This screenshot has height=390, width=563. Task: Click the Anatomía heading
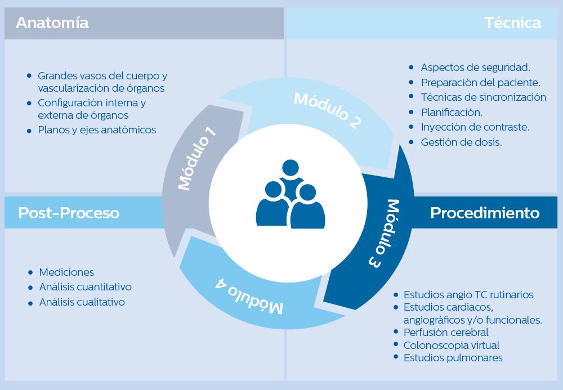point(52,23)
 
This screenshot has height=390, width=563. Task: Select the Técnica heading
point(512,23)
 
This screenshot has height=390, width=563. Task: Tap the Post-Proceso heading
point(69,213)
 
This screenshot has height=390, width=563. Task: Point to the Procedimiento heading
point(485,213)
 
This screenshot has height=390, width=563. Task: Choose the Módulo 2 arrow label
point(327,110)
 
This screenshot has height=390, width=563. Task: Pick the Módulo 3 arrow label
point(385,233)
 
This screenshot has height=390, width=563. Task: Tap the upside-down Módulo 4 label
point(249,295)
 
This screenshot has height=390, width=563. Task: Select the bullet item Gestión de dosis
point(461,142)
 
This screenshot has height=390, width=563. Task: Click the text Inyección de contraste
point(475,127)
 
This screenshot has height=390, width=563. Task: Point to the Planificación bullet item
point(452,112)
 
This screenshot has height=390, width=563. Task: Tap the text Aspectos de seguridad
point(475,68)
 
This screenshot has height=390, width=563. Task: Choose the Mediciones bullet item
point(66,272)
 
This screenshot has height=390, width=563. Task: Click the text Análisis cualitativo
point(82,302)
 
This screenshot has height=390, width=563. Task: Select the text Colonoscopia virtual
point(451,345)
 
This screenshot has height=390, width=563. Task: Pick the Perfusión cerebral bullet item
point(446,333)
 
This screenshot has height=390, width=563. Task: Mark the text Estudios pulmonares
point(453,358)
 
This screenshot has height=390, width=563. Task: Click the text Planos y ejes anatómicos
point(97,130)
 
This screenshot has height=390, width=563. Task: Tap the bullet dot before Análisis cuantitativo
point(30,287)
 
